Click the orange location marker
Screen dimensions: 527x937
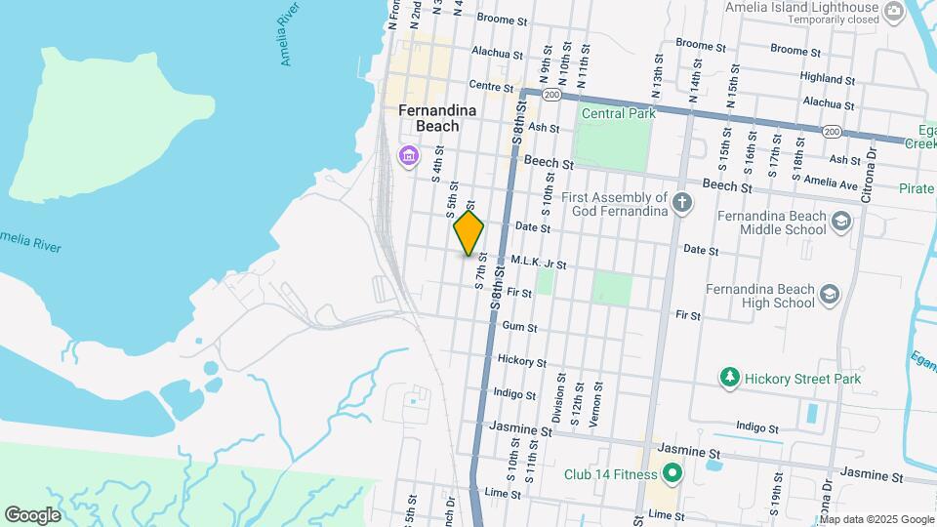tap(469, 233)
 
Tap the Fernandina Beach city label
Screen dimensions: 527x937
tap(437, 118)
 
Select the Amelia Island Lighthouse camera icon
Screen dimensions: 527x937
tap(894, 12)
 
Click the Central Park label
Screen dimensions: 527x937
tap(616, 113)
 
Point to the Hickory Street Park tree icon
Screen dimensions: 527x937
tap(728, 377)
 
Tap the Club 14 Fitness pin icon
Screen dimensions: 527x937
tap(672, 475)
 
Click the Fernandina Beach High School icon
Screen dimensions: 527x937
tap(830, 295)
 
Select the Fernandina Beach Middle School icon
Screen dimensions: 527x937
tap(841, 223)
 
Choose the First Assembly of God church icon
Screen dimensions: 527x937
tap(682, 204)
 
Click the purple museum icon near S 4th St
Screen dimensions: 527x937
tap(408, 155)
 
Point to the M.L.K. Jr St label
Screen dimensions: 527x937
tap(538, 263)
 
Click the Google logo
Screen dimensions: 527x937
tap(32, 515)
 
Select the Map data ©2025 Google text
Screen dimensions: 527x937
tap(876, 519)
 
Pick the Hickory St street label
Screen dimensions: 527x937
tap(521, 361)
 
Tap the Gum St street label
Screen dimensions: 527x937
tap(519, 327)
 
